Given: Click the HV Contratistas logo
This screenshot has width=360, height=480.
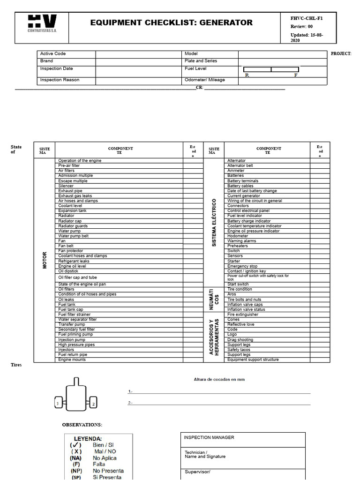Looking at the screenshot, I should [42, 23].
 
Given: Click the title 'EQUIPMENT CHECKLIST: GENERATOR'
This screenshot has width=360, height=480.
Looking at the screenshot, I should [172, 22].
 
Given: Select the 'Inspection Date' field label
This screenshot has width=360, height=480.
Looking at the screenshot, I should [56, 69].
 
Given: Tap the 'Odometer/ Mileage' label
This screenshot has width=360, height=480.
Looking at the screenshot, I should [204, 80].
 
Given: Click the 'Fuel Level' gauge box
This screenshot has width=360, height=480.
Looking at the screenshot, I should [271, 70].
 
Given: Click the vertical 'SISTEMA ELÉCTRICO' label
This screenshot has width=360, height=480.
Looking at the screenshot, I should [214, 223].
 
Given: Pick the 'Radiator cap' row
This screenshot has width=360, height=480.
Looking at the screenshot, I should [70, 221].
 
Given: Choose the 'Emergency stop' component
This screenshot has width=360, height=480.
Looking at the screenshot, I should [242, 266].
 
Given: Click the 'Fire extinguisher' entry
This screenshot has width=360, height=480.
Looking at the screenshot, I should [243, 315].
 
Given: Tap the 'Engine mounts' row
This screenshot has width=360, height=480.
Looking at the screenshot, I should [72, 360].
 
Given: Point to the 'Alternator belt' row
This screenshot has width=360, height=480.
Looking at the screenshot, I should [240, 165].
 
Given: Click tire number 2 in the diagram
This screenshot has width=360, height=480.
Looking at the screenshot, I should [93, 403].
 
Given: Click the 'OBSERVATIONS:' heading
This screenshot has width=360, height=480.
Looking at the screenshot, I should [82, 425].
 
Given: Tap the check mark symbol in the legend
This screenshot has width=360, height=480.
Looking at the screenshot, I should [76, 445].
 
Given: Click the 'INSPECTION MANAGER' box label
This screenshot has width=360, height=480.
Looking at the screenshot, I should [209, 438].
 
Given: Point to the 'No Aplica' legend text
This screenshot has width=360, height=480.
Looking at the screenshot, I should [105, 458].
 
